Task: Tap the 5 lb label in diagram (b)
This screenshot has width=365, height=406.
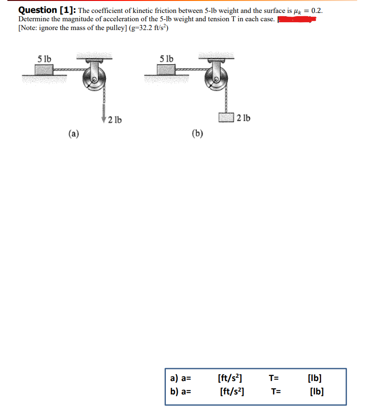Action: pos(166,59)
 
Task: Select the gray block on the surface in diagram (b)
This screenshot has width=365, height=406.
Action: pos(165,70)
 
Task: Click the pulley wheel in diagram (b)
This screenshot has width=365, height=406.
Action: pos(216,80)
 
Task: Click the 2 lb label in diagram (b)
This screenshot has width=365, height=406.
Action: pos(243,118)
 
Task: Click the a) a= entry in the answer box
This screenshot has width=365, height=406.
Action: pos(180,379)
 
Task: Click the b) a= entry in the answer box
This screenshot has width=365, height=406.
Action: pos(180,392)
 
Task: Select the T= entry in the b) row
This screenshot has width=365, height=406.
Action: pos(276,392)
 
